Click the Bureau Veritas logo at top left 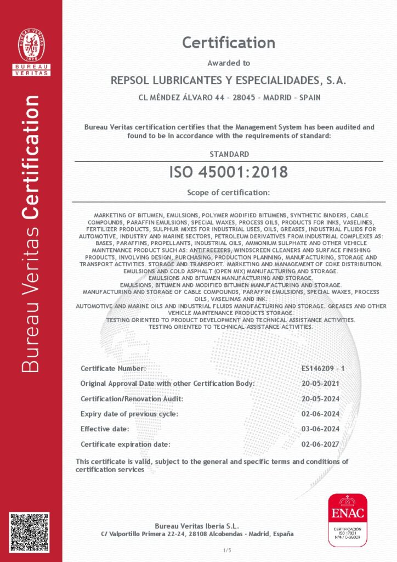pos(31,51)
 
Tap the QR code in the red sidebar pos(29,532)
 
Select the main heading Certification pos(229,42)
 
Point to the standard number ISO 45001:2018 pos(229,172)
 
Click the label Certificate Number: pos(113,368)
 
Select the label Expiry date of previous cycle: pos(129,414)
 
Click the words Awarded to pos(229,63)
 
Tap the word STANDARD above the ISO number pos(229,154)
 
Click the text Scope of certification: pos(229,193)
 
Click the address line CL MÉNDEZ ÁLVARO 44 pos(229,98)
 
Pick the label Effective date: pos(105,429)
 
